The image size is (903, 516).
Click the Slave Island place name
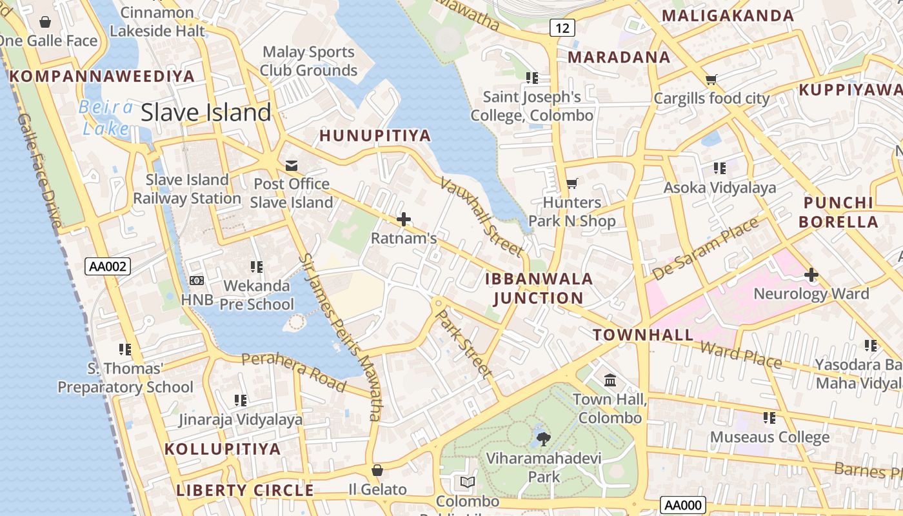click(x=206, y=113)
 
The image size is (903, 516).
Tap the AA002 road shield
click(x=108, y=266)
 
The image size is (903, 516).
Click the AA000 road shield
click(x=683, y=505)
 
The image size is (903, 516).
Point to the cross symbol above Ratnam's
click(x=404, y=220)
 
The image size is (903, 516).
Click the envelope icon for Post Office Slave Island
click(x=292, y=166)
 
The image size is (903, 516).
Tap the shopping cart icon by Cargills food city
click(x=711, y=80)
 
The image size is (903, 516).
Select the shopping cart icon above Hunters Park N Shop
click(x=571, y=184)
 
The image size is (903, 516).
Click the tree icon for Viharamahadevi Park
click(x=544, y=439)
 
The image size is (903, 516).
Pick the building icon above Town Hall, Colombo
click(x=610, y=380)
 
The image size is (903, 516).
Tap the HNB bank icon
click(x=197, y=281)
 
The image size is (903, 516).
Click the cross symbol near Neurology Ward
click(x=811, y=275)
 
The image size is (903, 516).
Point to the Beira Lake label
click(x=106, y=117)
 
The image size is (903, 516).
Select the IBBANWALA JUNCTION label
click(x=539, y=288)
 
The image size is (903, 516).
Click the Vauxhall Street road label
click(x=481, y=216)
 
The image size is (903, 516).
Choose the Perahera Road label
click(x=294, y=371)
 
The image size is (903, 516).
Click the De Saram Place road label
click(x=706, y=249)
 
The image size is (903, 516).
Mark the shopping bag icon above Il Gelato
click(x=377, y=471)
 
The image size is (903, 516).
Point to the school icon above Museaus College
click(x=769, y=418)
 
